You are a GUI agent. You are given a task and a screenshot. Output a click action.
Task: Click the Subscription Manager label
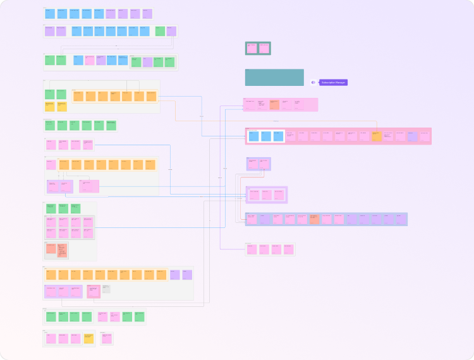pyautogui.click(x=334, y=82)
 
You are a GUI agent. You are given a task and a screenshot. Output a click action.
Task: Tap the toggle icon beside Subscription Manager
pyautogui.click(x=313, y=82)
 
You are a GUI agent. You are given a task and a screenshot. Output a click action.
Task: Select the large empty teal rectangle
pyautogui.click(x=274, y=77)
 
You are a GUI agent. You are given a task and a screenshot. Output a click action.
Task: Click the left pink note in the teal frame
pyautogui.click(x=252, y=48)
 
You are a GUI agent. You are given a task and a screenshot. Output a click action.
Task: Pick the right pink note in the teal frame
pyautogui.click(x=264, y=48)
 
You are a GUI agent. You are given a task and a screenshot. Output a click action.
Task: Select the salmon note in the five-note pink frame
pyautogui.click(x=274, y=105)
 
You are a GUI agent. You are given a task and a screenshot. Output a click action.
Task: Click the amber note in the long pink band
pyautogui.click(x=377, y=136)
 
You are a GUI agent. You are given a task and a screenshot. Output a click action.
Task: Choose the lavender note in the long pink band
pyautogui.click(x=413, y=136)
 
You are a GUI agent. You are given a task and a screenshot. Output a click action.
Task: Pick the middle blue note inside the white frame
pyautogui.click(x=266, y=136)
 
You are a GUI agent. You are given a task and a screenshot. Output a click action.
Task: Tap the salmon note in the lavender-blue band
pyautogui.click(x=314, y=219)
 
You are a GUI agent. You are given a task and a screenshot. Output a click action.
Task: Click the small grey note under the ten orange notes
pyautogui.click(x=106, y=289)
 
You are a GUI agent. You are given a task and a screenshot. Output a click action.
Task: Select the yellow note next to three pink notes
pyautogui.click(x=88, y=339)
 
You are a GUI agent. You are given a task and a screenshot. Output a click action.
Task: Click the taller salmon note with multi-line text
pyautogui.click(x=63, y=251)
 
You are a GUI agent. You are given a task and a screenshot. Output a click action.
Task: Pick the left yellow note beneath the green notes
pyautogui.click(x=49, y=107)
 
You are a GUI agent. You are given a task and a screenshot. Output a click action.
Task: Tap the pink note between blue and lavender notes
pyautogui.click(x=90, y=60)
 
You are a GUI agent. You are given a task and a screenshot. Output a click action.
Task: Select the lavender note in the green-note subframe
pyautogui.click(x=148, y=62)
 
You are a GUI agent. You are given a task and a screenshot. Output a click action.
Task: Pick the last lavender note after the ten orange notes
pyautogui.click(x=187, y=275)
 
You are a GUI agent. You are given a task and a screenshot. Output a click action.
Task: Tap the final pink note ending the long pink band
pyautogui.click(x=425, y=136)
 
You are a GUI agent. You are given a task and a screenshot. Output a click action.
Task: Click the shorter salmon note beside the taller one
pyautogui.click(x=51, y=249)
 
